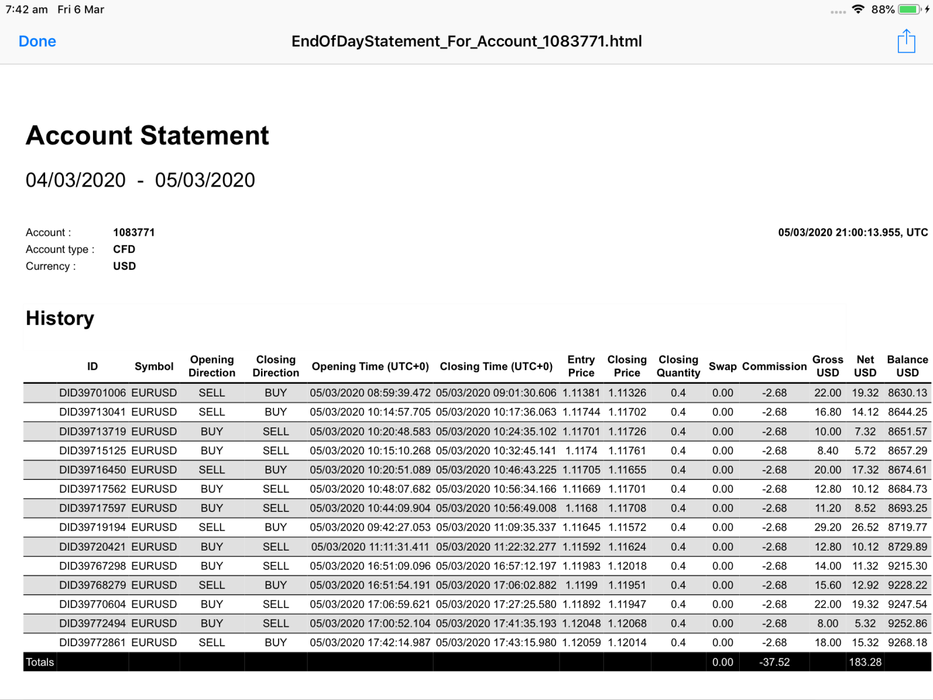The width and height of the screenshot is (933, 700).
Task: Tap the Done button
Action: click(37, 42)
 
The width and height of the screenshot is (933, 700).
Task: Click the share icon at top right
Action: click(906, 41)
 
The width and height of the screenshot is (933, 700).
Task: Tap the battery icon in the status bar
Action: click(909, 9)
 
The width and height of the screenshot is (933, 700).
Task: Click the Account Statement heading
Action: click(147, 135)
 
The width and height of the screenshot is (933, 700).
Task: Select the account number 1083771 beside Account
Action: click(134, 232)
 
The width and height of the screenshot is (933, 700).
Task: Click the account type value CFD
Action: click(124, 249)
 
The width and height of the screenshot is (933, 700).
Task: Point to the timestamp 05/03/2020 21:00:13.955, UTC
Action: click(852, 232)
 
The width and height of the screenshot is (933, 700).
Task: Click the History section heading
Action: click(60, 318)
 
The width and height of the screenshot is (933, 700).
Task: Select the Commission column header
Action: click(774, 366)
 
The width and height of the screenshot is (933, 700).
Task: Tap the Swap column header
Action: click(722, 366)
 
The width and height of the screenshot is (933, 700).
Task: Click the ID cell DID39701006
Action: click(92, 392)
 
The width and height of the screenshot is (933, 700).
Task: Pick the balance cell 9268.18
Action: click(907, 642)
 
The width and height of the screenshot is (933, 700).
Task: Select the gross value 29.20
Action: click(827, 527)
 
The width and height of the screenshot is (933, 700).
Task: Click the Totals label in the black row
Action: click(40, 662)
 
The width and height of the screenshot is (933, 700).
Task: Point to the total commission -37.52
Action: click(774, 662)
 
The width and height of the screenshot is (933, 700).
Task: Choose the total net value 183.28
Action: click(865, 662)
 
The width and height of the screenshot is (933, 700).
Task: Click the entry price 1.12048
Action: click(581, 623)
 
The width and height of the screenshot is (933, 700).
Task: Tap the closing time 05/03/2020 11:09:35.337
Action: click(496, 527)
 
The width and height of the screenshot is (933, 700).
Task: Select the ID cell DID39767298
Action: click(92, 565)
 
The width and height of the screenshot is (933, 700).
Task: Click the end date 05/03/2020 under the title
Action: click(205, 180)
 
